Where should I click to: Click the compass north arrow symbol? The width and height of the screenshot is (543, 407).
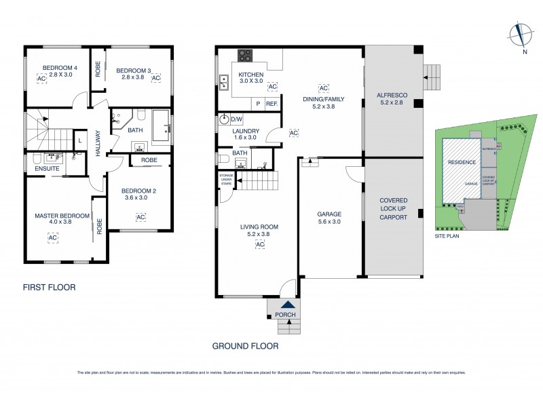point(520,33)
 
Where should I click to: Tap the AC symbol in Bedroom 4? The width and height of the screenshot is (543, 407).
point(41,79)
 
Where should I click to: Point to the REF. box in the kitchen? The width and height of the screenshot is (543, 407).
point(272,104)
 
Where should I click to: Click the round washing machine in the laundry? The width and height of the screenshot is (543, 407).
point(224,120)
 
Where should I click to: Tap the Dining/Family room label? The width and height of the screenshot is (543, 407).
point(323,102)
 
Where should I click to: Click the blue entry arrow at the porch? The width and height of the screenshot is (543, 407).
point(289,307)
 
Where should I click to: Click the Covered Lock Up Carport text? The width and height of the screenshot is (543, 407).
point(393,209)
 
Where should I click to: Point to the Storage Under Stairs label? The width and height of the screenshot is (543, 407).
point(226,180)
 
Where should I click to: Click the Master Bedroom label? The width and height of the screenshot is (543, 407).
point(62,218)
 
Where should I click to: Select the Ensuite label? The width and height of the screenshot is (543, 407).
point(48,168)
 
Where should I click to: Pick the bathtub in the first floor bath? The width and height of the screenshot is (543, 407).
point(160,126)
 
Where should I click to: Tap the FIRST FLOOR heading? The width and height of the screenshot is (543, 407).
point(49,288)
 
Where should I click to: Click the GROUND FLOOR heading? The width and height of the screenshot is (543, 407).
point(245,346)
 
